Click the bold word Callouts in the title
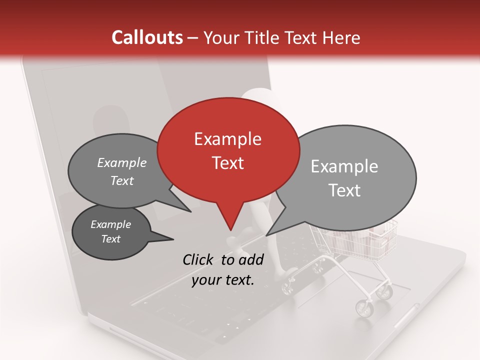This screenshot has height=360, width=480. (147, 37)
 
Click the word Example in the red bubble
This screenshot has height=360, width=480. (227, 139)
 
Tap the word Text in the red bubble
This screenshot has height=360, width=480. (228, 163)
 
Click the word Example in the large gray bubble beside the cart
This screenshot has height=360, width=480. (344, 166)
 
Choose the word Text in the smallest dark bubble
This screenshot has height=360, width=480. (110, 239)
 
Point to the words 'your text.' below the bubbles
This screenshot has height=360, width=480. (223, 280)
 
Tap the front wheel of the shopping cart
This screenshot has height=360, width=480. (364, 307)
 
